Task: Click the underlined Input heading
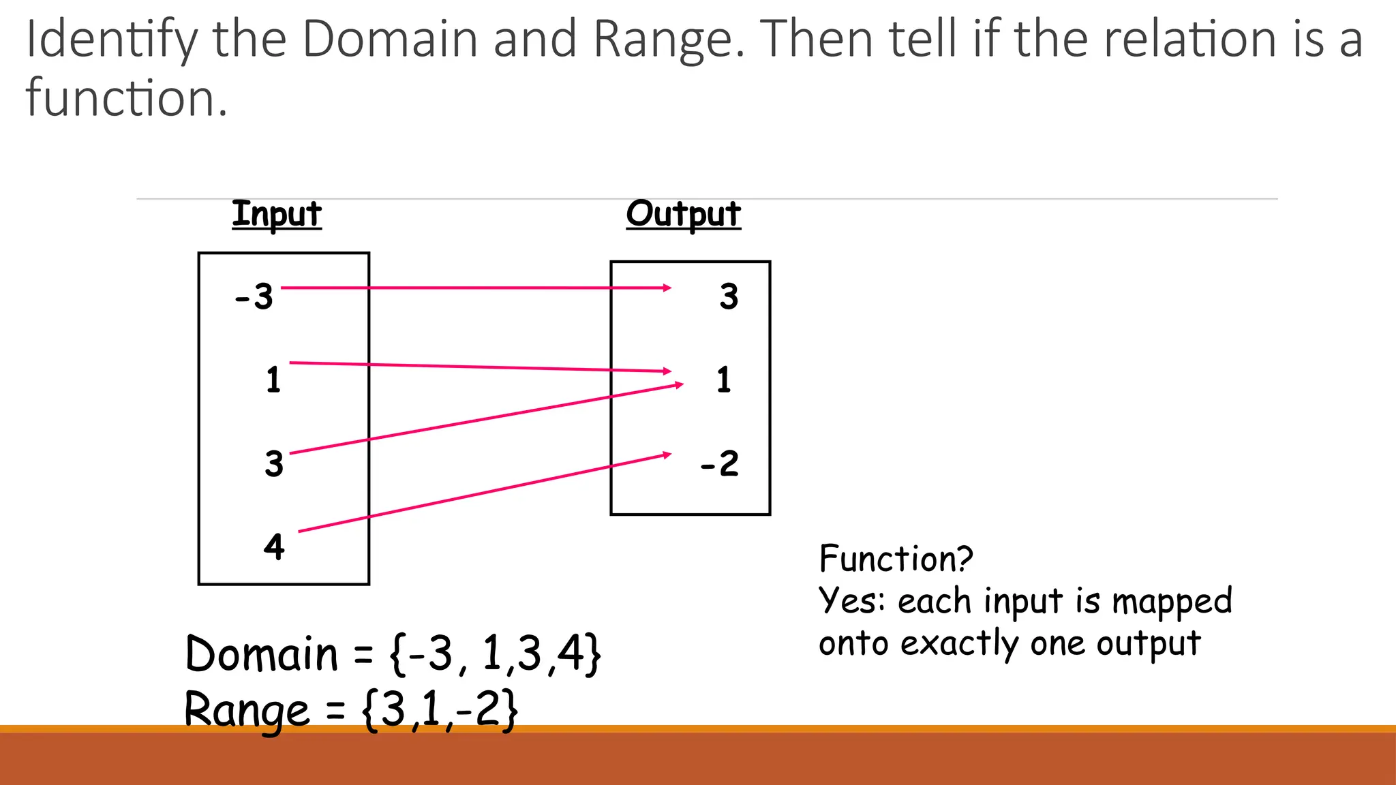tap(276, 215)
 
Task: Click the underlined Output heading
tap(683, 215)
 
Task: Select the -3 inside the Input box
tap(254, 297)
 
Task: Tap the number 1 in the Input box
tap(273, 380)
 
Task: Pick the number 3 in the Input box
tap(274, 464)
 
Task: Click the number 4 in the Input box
tap(274, 547)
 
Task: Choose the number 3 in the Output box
tap(729, 297)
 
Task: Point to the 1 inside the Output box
tap(724, 380)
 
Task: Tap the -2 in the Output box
tap(720, 464)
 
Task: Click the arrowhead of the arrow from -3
tap(667, 288)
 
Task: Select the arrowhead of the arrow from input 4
tap(667, 455)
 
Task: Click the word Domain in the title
tap(391, 40)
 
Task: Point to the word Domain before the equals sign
tap(261, 654)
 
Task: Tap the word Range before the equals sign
tap(247, 710)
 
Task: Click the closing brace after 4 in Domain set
tap(593, 654)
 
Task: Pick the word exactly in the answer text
tap(960, 644)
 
